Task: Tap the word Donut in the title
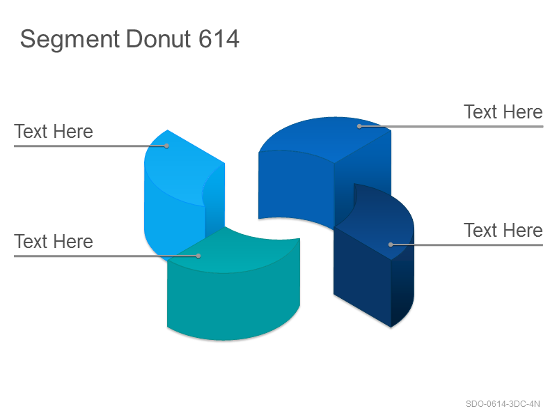coord(159,38)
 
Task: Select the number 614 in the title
coord(219,38)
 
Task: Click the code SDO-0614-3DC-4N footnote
coord(503,404)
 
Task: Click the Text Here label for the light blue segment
coord(54,132)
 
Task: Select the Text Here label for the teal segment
coord(54,241)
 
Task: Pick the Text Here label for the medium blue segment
coord(503,112)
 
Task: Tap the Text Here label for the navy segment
coord(503,231)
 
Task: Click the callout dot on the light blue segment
coord(166,146)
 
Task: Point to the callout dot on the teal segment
coord(198,256)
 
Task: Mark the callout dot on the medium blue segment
coord(359,126)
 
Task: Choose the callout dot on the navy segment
coord(391,245)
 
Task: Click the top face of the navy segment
coord(380,220)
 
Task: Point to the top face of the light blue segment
coord(178,171)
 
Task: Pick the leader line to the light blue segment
coord(91,146)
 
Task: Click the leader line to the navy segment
coord(466,245)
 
